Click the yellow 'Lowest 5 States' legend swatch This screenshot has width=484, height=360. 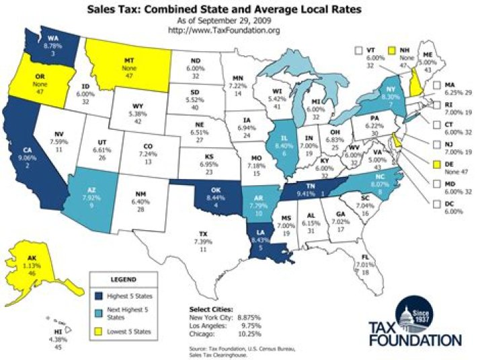click(100, 331)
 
